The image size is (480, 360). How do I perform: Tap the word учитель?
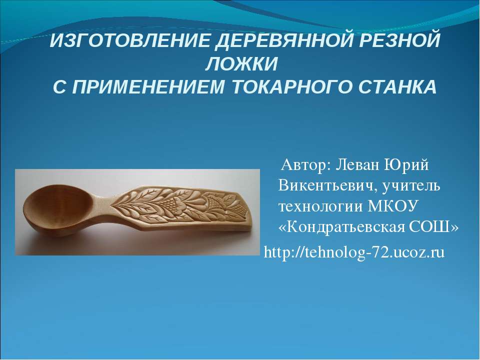[x=411, y=185]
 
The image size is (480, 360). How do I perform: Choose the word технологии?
[x=319, y=207]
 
